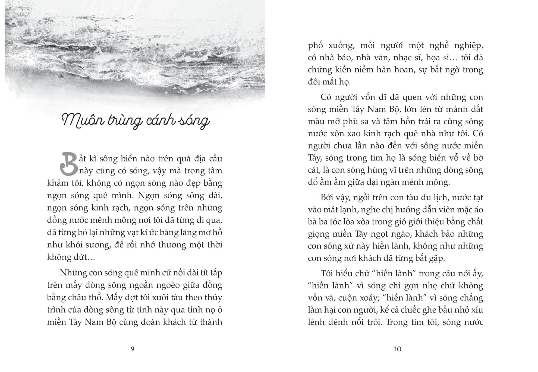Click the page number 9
click(133, 349)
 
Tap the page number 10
click(397, 349)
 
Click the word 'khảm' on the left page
click(58, 183)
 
